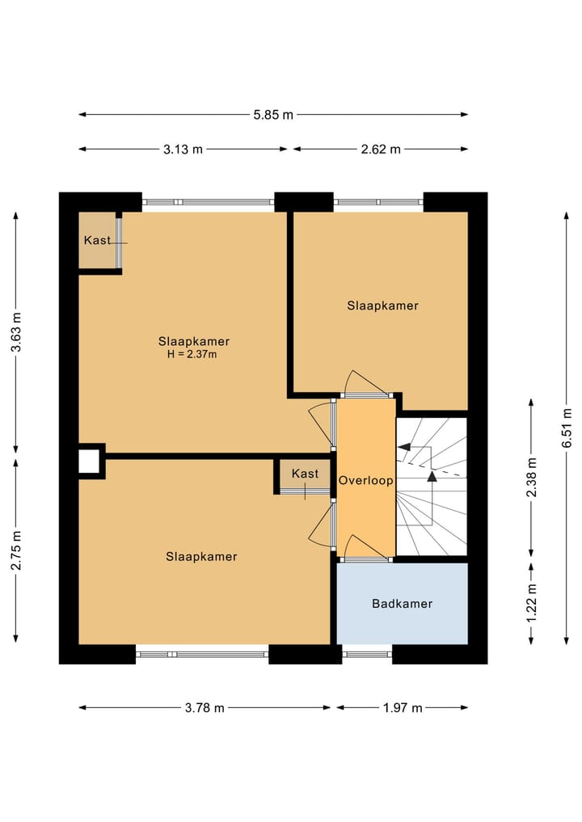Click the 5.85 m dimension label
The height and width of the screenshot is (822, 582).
(x=273, y=115)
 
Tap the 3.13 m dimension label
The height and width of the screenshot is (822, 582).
(x=183, y=150)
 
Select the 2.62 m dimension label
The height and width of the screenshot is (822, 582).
(x=381, y=150)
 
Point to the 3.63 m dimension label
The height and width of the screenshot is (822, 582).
(x=16, y=332)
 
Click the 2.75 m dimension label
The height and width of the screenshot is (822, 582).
(x=16, y=550)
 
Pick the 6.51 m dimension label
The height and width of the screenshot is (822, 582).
(x=567, y=428)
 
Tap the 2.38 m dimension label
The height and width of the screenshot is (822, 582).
(x=532, y=477)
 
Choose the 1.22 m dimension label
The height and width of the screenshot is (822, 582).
(x=532, y=603)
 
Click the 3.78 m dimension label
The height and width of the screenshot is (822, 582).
(x=205, y=708)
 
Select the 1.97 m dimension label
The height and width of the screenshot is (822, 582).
(x=403, y=708)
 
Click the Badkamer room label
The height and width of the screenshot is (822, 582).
(x=403, y=604)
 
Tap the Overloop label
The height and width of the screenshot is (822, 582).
(x=365, y=481)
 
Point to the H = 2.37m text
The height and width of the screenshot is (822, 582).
(x=192, y=354)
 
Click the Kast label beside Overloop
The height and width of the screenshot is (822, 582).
(x=306, y=474)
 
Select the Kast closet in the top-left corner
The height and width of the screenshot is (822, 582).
(x=98, y=240)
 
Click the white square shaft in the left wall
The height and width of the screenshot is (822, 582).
(x=89, y=462)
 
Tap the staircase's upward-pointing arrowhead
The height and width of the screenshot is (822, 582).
(x=432, y=476)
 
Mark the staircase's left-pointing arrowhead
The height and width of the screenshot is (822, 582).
(x=403, y=447)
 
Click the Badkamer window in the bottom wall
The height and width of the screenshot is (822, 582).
(x=367, y=654)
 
